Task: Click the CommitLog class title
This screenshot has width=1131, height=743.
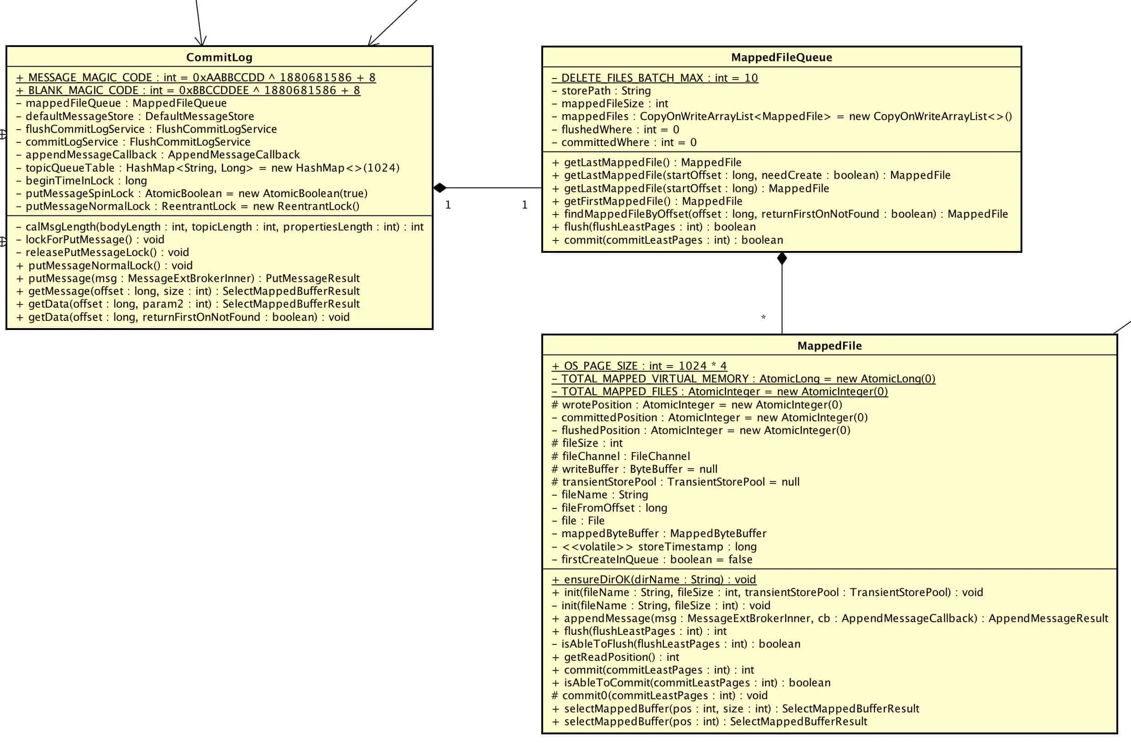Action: (219, 58)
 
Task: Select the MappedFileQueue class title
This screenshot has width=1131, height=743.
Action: (781, 58)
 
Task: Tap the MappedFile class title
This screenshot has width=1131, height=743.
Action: (829, 346)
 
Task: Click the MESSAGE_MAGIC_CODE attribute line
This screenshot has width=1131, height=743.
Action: (196, 78)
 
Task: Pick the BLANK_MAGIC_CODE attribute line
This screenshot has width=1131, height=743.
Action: (188, 90)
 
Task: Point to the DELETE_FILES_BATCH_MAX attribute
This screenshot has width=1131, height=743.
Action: (655, 78)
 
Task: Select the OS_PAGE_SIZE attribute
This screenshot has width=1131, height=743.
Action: (639, 366)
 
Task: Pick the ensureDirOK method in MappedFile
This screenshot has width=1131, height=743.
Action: (654, 580)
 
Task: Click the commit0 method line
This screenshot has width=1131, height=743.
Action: (659, 696)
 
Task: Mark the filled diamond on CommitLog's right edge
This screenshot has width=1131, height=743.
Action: (440, 188)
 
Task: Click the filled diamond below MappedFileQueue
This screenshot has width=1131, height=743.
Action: (782, 258)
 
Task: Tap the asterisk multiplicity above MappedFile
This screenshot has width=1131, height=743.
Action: (763, 317)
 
